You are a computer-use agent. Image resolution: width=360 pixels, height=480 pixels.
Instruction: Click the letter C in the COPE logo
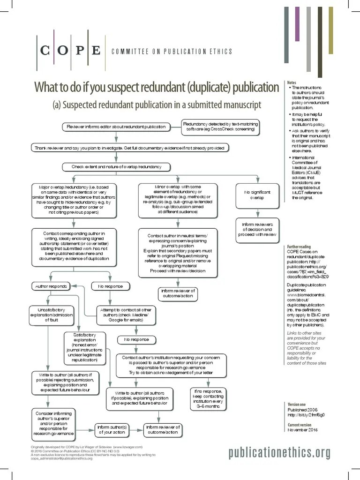[45, 51]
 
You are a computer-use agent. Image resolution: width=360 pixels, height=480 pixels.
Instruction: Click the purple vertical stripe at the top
[297, 24]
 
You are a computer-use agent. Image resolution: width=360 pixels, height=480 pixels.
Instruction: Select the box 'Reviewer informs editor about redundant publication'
[116, 127]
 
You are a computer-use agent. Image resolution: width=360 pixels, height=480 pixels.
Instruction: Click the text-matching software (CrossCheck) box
[220, 127]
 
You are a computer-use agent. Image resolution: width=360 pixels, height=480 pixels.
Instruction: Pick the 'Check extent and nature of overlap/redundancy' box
[116, 167]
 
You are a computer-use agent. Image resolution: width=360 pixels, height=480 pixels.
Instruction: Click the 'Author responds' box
[51, 285]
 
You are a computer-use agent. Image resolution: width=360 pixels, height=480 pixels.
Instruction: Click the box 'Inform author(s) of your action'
[111, 429]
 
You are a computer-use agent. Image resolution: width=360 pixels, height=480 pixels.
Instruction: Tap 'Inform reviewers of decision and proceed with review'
[257, 230]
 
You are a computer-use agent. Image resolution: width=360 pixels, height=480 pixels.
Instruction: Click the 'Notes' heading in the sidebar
[292, 83]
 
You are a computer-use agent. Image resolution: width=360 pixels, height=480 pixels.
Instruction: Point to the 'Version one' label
[296, 404]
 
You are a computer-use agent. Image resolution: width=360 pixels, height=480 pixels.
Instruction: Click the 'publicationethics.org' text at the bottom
[279, 452]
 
